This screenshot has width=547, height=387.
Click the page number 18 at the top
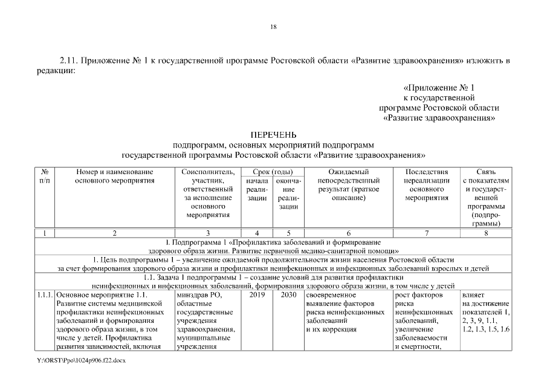coord(273,27)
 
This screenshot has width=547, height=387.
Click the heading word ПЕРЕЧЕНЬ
coord(273,135)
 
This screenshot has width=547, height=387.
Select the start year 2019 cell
coord(257,295)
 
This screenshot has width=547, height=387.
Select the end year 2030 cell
coord(288,295)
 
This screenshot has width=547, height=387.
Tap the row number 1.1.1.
coord(45,295)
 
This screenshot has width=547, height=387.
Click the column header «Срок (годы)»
coord(273,172)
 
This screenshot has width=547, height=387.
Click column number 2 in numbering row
coord(114,232)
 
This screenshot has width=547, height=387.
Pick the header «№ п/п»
coord(45,176)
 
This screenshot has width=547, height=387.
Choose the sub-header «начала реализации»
coord(257,189)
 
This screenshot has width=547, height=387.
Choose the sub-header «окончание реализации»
coord(288,193)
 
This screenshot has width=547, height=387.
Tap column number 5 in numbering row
coord(288,232)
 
